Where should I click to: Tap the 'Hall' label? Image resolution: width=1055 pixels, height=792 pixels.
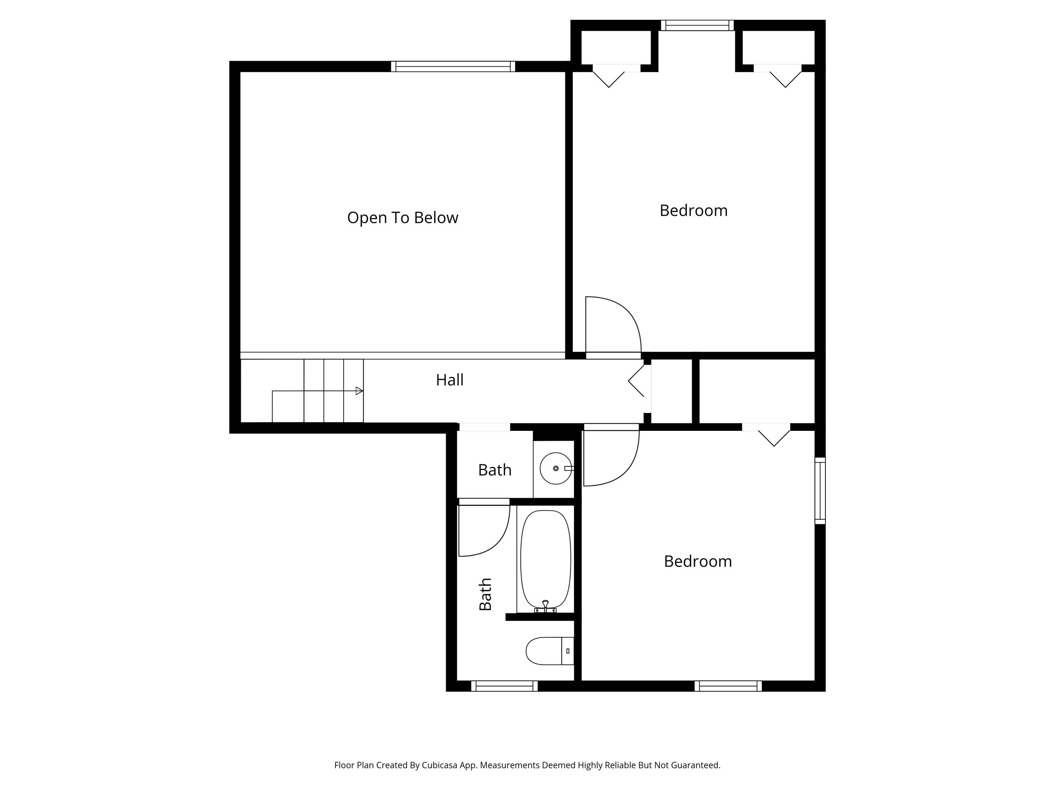click(449, 380)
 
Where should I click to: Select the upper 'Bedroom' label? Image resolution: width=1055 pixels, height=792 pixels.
click(693, 210)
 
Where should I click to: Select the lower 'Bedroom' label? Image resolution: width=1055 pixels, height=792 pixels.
click(697, 561)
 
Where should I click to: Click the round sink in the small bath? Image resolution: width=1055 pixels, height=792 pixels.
click(555, 468)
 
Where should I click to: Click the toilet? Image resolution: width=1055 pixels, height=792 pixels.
click(549, 651)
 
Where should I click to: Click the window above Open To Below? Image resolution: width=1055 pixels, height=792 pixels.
click(453, 67)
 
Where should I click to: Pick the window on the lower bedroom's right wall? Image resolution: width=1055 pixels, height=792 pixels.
click(819, 491)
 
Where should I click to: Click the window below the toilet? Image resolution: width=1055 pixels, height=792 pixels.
click(504, 686)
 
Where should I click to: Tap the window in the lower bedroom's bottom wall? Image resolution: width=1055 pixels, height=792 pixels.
click(728, 686)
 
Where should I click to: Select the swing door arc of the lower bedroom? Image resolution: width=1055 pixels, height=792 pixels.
click(620, 470)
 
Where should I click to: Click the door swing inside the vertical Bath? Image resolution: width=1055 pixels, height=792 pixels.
click(491, 540)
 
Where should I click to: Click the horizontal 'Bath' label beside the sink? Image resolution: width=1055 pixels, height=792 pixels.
click(494, 470)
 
